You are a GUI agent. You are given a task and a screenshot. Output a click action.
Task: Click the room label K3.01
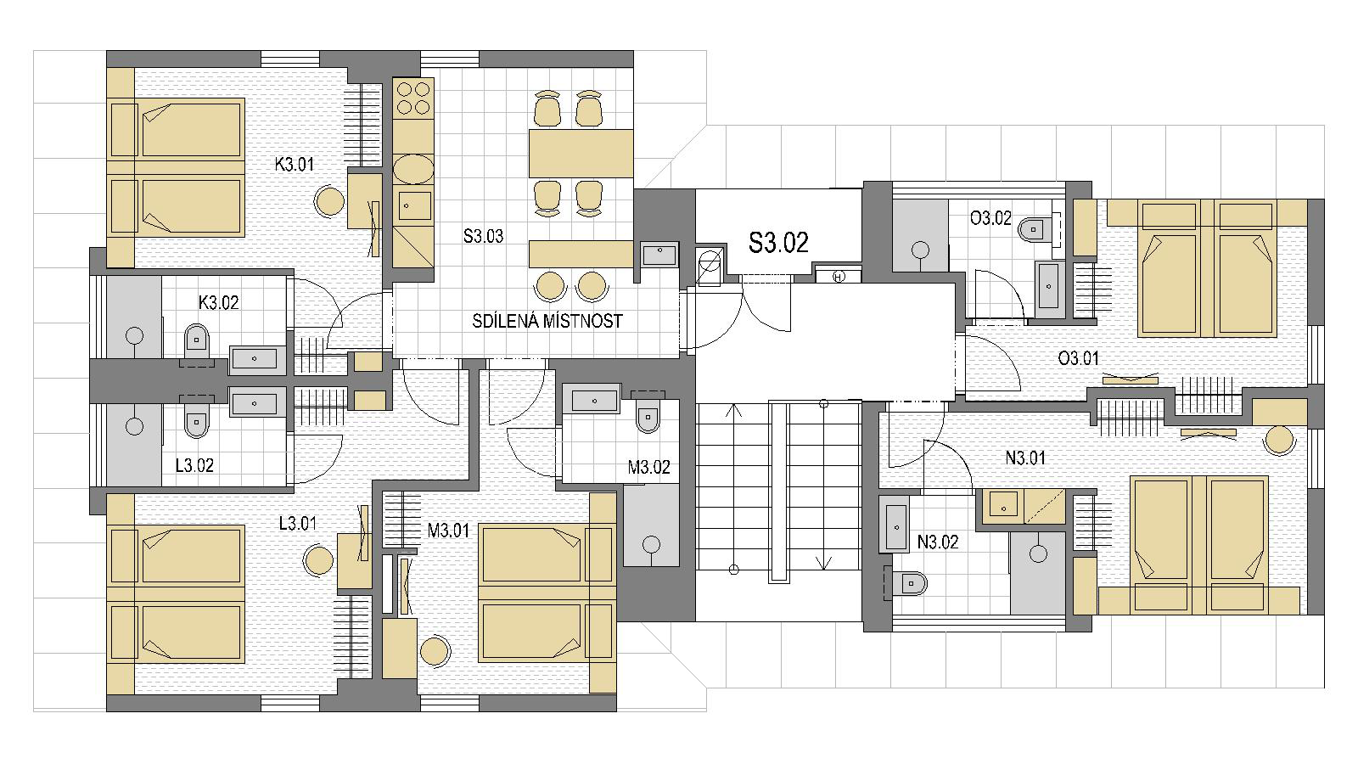point(294,165)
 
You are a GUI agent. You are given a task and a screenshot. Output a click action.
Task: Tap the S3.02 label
point(778,243)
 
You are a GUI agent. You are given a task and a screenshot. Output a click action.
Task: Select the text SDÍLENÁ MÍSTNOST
point(547,321)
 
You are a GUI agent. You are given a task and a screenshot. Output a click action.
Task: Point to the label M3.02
point(648,467)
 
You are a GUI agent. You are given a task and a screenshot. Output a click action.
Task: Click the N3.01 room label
point(1026,458)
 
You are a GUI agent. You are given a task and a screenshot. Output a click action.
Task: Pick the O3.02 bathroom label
point(990,217)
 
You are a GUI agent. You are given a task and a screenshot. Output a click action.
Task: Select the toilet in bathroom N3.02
point(912,584)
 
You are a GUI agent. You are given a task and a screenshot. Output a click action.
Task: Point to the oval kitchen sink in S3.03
point(413,169)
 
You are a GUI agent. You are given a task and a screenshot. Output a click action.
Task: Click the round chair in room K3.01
point(330,202)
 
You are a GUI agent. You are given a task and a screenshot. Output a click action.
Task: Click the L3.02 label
point(194,465)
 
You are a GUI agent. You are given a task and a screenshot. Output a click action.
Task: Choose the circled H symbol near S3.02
point(839,277)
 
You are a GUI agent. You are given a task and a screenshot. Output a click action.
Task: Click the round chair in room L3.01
point(318,561)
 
